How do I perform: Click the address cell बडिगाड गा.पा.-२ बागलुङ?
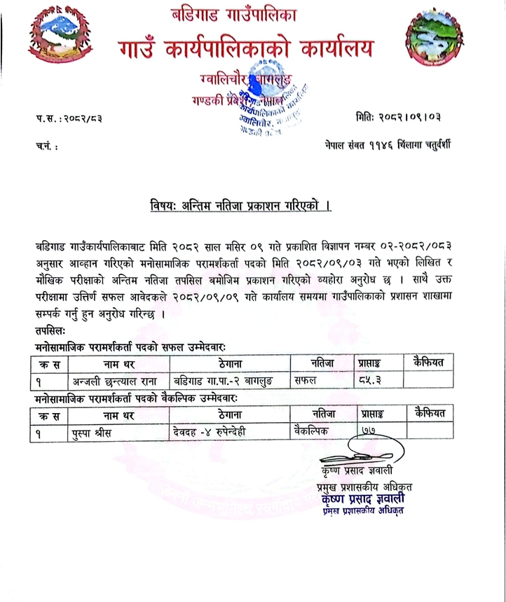point(224,381)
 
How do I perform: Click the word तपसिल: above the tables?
point(50,329)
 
